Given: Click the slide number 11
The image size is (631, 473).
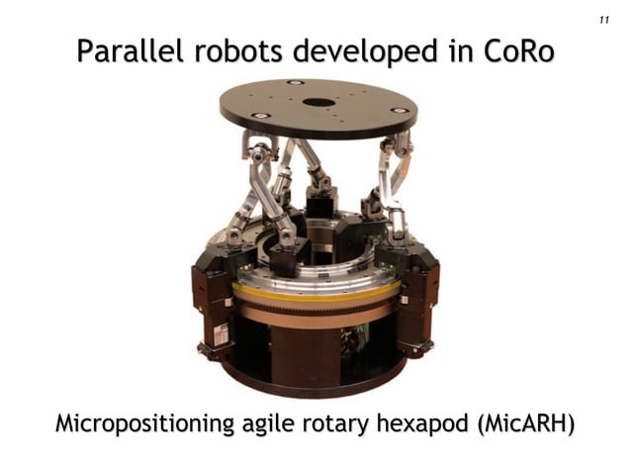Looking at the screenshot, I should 603,21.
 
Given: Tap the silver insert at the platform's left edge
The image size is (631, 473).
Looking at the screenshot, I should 260,115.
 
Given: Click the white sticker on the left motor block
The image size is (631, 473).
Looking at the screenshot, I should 221,334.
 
